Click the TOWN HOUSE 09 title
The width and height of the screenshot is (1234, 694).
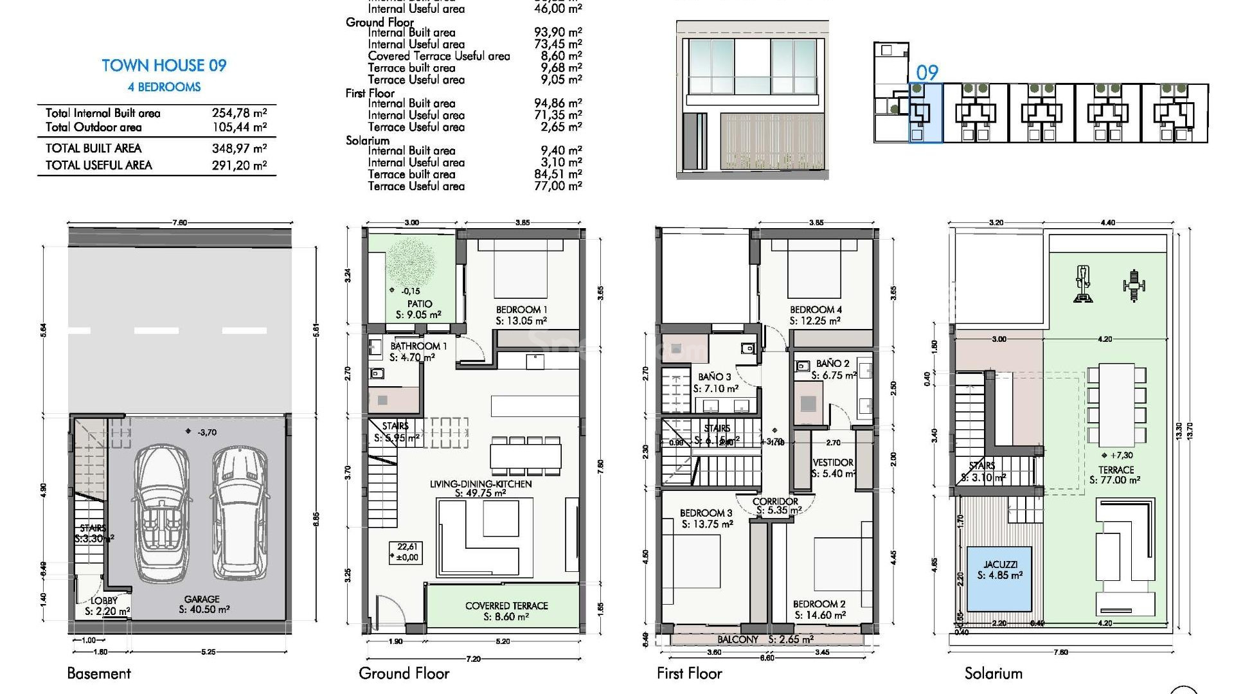click(164, 66)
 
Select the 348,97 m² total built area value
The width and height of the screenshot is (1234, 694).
click(239, 148)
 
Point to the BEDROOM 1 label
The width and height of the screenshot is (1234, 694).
click(521, 310)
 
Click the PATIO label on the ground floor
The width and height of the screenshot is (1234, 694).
click(419, 304)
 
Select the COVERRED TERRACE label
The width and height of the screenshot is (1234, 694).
click(506, 606)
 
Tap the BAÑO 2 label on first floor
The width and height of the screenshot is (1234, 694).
click(832, 364)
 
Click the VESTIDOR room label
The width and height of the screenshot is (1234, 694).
click(833, 463)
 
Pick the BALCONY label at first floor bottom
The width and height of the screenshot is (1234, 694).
click(738, 639)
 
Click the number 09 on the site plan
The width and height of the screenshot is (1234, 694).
click(927, 72)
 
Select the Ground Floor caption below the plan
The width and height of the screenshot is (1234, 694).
click(404, 673)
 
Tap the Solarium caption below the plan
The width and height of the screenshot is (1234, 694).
click(993, 673)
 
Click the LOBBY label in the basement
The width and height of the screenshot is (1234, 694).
click(104, 601)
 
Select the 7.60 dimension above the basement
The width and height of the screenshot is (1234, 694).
click(179, 223)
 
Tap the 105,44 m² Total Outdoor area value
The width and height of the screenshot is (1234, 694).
click(239, 127)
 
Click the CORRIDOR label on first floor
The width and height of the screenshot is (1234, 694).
click(775, 501)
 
